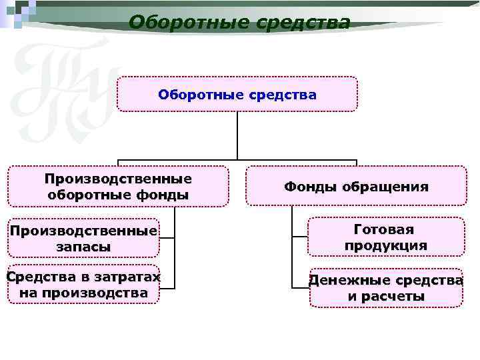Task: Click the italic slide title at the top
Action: point(239,23)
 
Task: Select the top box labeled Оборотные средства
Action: point(237,94)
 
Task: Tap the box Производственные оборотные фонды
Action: point(118,187)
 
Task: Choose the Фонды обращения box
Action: point(356,187)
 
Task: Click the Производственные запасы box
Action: point(84,238)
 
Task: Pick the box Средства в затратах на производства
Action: point(84,285)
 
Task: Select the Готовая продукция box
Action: point(386,237)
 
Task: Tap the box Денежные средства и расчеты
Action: point(386,288)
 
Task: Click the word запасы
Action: point(84,247)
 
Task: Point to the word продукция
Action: point(386,246)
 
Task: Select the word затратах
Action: point(130,277)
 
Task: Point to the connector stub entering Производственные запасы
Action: point(167,237)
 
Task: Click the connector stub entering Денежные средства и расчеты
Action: point(301,287)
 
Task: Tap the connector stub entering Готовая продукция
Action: point(299,237)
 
